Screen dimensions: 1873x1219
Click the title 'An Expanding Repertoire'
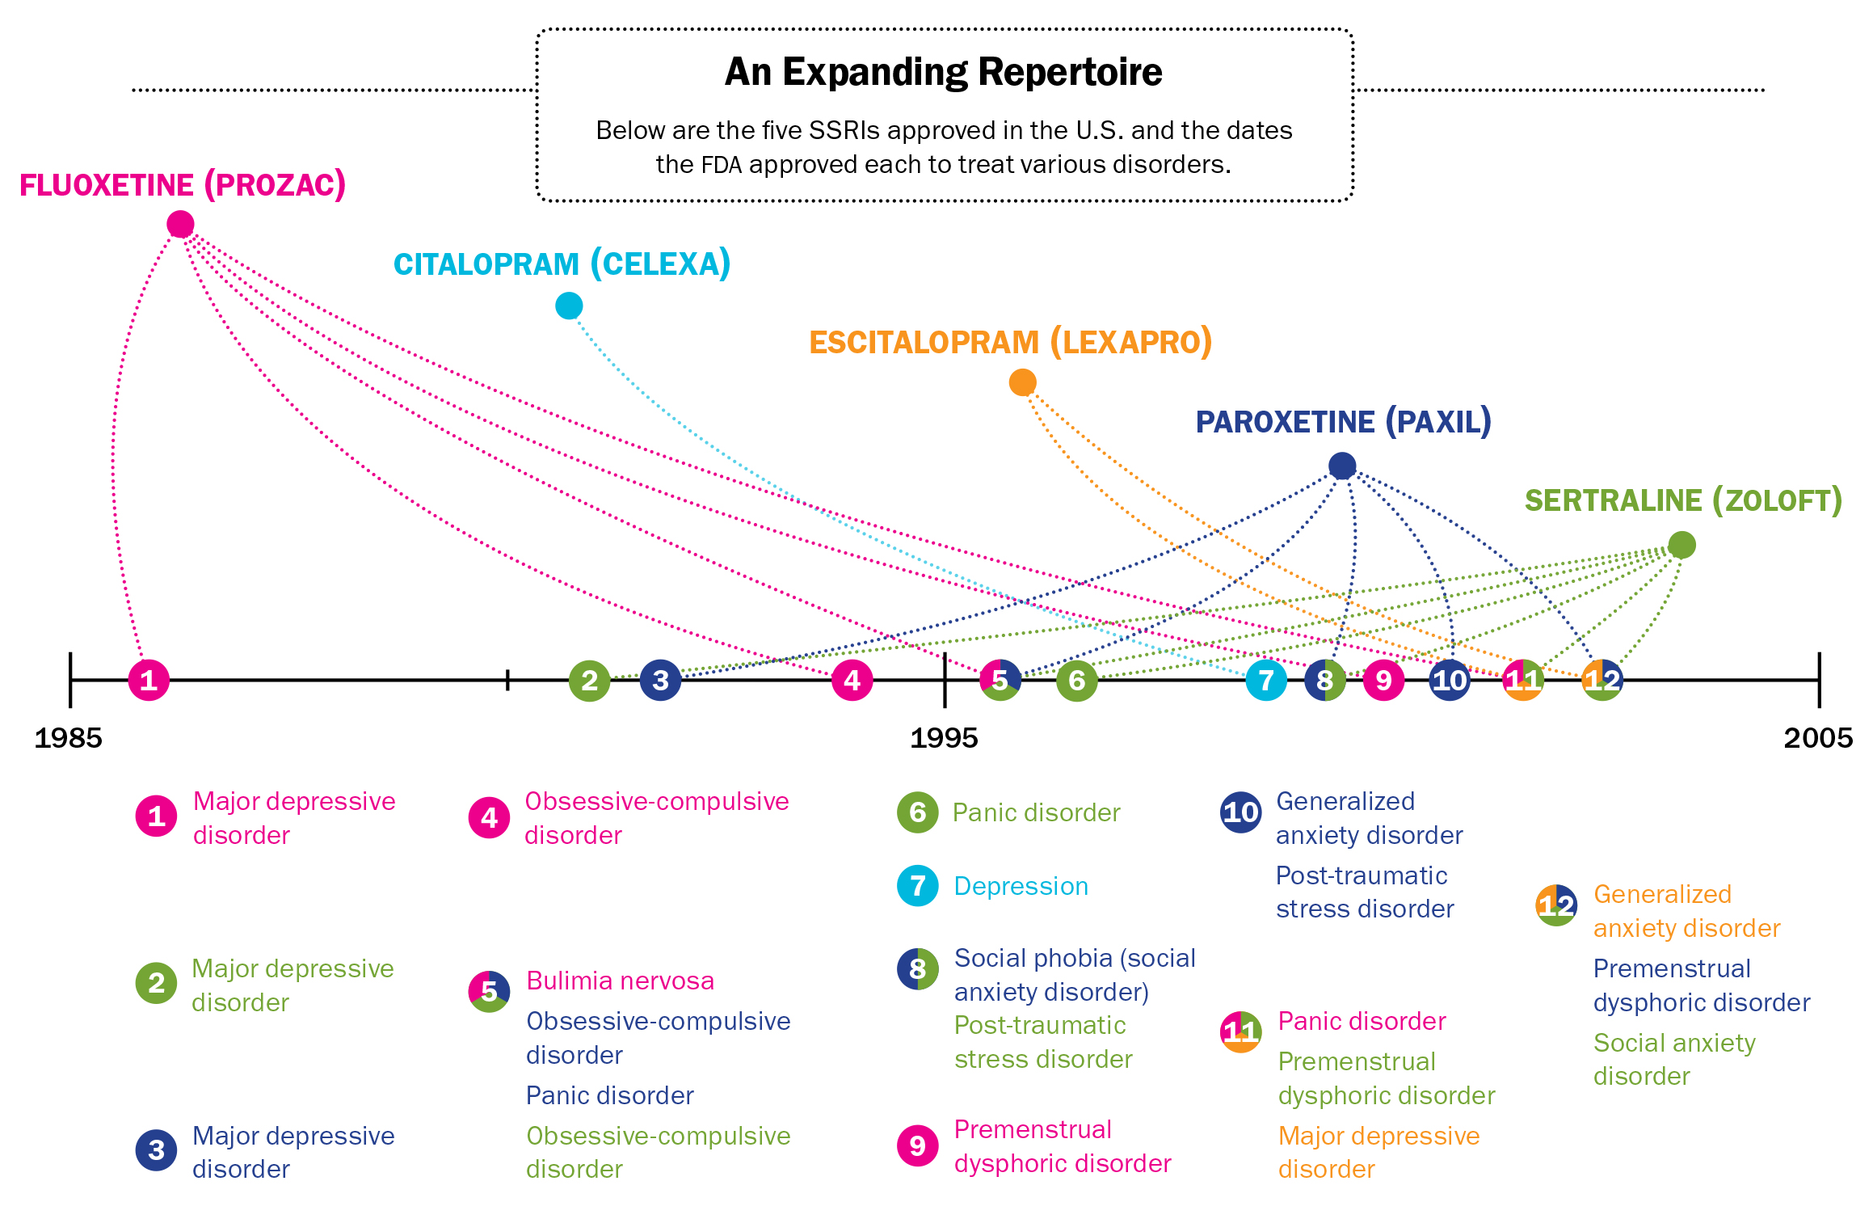pyautogui.click(x=943, y=72)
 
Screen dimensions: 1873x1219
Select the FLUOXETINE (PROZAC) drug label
pyautogui.click(x=183, y=185)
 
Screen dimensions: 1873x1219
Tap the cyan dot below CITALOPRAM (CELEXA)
pyautogui.click(x=569, y=306)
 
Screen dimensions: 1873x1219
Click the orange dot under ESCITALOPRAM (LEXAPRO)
pyautogui.click(x=1022, y=382)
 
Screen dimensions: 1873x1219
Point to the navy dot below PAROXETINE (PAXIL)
pyautogui.click(x=1342, y=466)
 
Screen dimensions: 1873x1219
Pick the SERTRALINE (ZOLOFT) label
pyautogui.click(x=1683, y=500)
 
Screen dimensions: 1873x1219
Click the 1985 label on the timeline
pyautogui.click(x=69, y=738)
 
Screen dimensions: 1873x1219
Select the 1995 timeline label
pyautogui.click(x=944, y=738)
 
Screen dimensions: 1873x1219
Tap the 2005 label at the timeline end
pyautogui.click(x=1818, y=738)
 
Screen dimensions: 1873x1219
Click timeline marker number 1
pyautogui.click(x=149, y=680)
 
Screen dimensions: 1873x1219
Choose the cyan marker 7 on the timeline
pyautogui.click(x=1266, y=680)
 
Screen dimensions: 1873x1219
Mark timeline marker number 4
pyautogui.click(x=852, y=680)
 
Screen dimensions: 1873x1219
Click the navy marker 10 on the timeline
pyautogui.click(x=1450, y=680)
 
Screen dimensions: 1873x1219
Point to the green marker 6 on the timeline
pyautogui.click(x=1077, y=680)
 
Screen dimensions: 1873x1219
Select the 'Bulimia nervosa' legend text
pyautogui.click(x=620, y=981)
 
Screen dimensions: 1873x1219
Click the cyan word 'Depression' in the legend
pyautogui.click(x=1021, y=886)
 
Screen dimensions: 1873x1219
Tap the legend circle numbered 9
pyautogui.click(x=918, y=1145)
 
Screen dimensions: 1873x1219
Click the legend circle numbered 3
pyautogui.click(x=157, y=1149)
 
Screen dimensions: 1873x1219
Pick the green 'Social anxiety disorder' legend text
pyautogui.click(x=1674, y=1059)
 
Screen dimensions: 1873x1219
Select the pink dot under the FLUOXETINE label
pyautogui.click(x=180, y=224)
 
